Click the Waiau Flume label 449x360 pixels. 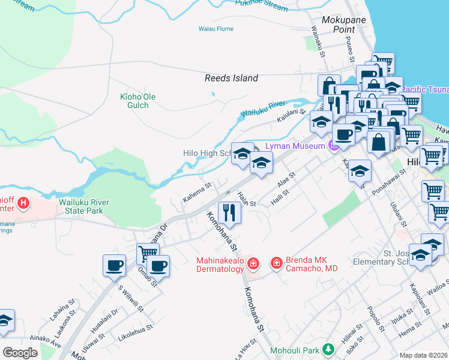pyautogui.click(x=216, y=29)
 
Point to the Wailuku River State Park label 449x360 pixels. pyautogui.click(x=84, y=206)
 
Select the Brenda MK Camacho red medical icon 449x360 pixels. pyautogui.click(x=277, y=263)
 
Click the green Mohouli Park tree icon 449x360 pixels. pyautogui.click(x=328, y=349)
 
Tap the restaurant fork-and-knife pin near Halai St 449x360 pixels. pyautogui.click(x=229, y=212)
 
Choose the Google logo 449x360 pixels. pyautogui.click(x=20, y=352)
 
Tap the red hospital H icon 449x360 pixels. pyautogui.click(x=23, y=203)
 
